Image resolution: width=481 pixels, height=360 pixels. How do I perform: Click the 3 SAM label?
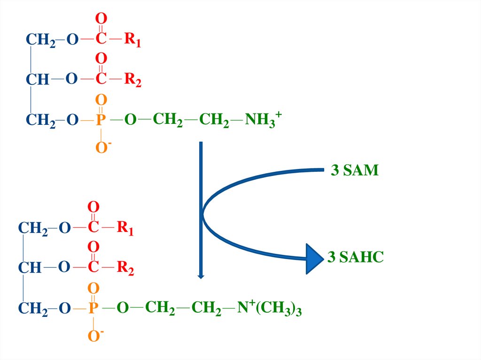[354, 170]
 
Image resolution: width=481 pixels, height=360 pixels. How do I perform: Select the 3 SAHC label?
[355, 257]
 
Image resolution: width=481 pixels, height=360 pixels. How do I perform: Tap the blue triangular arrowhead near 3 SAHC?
[314, 259]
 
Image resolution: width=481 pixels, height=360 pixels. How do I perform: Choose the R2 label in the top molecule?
[132, 80]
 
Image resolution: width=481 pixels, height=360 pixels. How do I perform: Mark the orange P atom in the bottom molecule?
[93, 308]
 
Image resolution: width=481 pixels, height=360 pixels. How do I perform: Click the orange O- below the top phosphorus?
[102, 148]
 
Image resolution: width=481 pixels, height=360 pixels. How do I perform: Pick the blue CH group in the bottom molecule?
[30, 268]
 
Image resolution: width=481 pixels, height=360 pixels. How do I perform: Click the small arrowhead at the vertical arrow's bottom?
[201, 276]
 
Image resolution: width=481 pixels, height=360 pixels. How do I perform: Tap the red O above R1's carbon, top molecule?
[101, 19]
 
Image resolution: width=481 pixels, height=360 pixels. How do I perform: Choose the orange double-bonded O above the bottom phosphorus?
[93, 288]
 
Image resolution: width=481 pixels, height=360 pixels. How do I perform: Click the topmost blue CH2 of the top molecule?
[40, 40]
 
